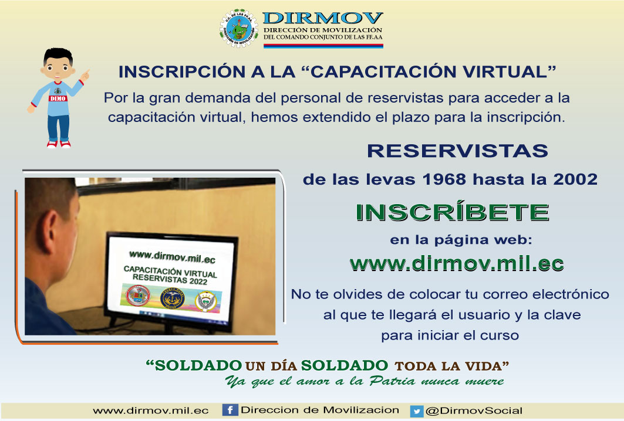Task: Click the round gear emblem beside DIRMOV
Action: pos(239,28)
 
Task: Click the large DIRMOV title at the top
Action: pos(323,18)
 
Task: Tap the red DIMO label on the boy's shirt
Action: pos(58,98)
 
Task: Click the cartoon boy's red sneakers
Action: pos(59,144)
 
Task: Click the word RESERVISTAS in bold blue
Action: pos(457,151)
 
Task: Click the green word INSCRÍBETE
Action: pos(453,212)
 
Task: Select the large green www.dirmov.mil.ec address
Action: pos(457,264)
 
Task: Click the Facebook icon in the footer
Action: pos(230,410)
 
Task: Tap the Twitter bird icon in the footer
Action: pos(416,411)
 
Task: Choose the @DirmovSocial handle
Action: pos(474,410)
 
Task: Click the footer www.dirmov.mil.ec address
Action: pos(151,410)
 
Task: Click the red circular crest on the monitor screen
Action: pos(138,296)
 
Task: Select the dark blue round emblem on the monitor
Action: pos(173,298)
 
